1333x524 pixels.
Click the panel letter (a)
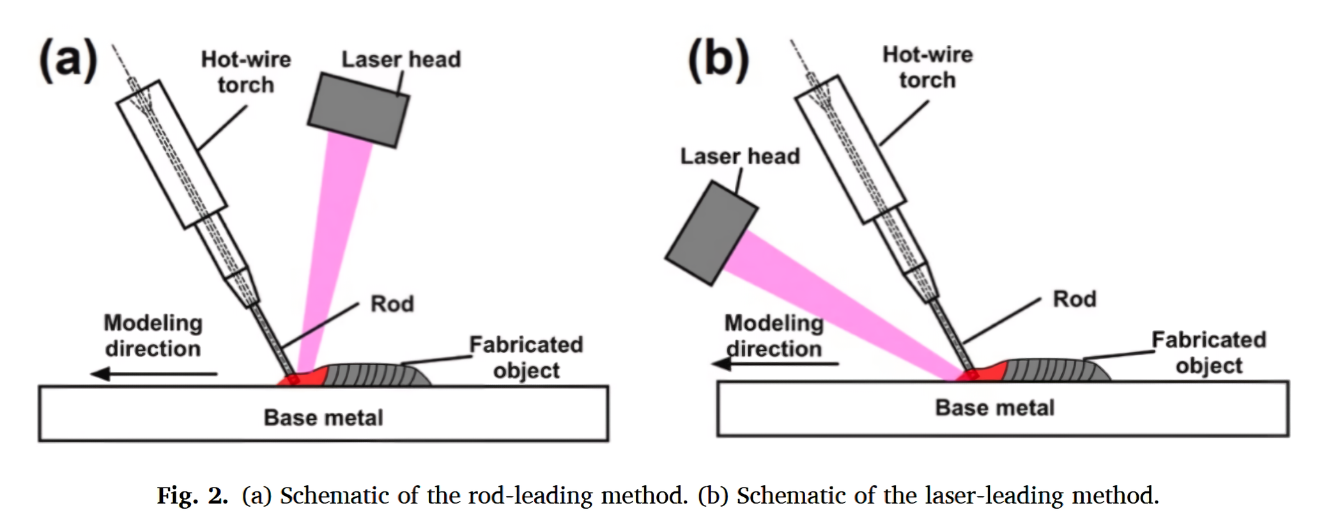[68, 60]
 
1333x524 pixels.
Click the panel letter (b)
[718, 60]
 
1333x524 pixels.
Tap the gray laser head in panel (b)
[711, 233]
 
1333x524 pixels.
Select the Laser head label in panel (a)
[401, 59]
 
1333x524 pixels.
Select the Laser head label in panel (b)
[739, 157]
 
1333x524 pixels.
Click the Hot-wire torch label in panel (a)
[246, 72]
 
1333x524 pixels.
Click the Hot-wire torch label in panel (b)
[927, 67]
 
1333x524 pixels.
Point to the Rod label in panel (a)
[392, 304]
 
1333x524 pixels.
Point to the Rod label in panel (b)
[1074, 299]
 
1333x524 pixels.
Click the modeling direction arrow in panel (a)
[153, 374]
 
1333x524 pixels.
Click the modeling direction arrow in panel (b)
[774, 364]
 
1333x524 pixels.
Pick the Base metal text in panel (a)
[323, 418]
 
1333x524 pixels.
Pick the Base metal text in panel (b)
[994, 408]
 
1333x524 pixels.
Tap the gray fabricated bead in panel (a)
[377, 375]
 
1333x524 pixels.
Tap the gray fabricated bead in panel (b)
[1054, 371]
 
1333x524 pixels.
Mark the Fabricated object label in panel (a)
[526, 358]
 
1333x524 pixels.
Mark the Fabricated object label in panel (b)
[1208, 353]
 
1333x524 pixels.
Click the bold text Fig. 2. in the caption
[192, 495]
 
